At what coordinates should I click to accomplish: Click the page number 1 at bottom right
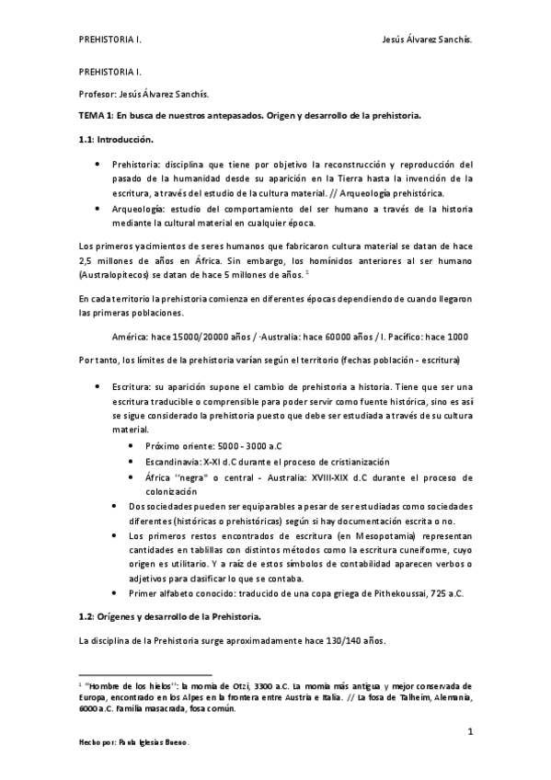pos(469,731)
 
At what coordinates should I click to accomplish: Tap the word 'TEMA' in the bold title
pos(92,116)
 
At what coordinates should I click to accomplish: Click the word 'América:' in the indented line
pos(129,336)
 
